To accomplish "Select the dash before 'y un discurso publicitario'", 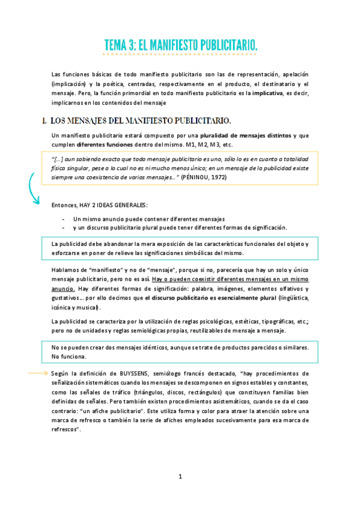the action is [64, 227].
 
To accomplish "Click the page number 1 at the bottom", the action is [180, 477].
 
